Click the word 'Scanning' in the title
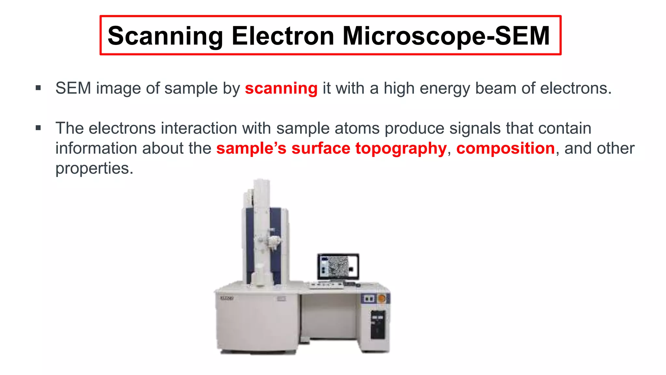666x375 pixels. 165,36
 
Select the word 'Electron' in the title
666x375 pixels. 283,36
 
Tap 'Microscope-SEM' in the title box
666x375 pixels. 446,36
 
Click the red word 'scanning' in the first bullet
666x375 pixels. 281,89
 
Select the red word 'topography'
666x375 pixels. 401,148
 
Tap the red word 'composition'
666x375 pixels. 505,148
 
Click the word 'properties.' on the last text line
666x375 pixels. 94,169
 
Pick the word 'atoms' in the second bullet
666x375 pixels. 357,128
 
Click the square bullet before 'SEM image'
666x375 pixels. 38,88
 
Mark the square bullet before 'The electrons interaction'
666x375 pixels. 38,128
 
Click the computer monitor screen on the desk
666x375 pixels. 338,266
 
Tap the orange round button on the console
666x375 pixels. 382,298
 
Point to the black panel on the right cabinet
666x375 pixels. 378,324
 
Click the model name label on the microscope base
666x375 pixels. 227,298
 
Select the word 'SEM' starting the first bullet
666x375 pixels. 73,89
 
